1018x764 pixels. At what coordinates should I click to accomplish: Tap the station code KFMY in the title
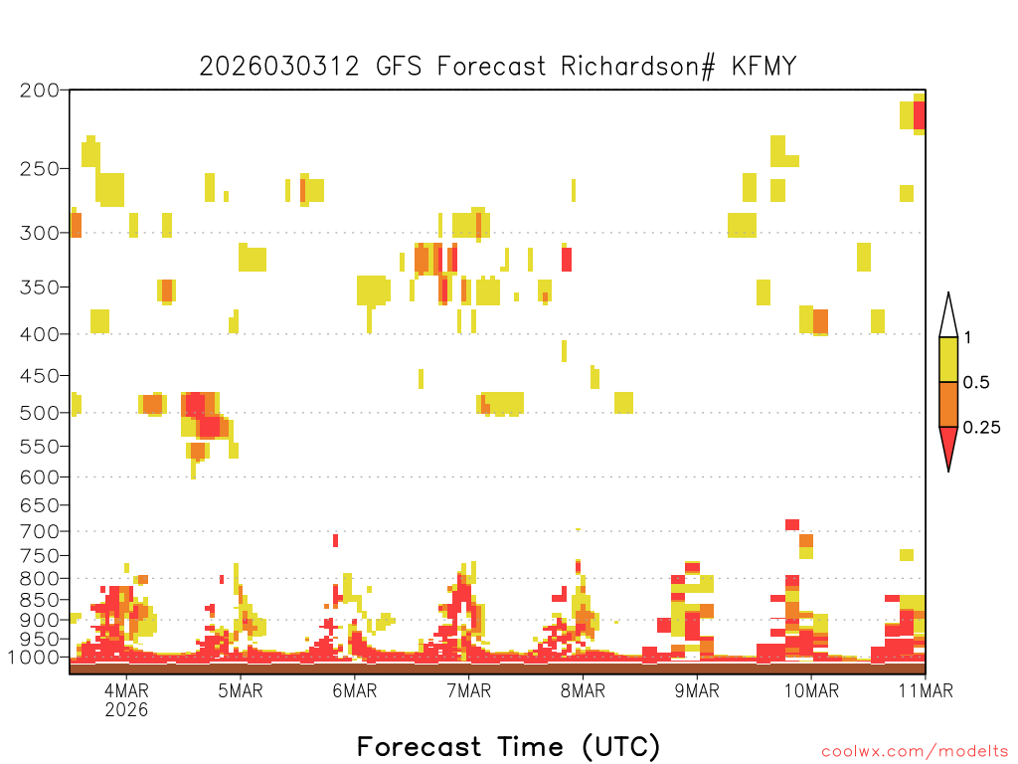pyautogui.click(x=763, y=67)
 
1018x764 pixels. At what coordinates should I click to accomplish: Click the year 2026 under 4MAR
pyautogui.click(x=126, y=710)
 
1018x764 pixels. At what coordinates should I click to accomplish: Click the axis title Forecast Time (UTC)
pyautogui.click(x=508, y=746)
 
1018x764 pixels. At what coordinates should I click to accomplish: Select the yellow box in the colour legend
pyautogui.click(x=948, y=360)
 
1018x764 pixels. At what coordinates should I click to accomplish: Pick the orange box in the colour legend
pyautogui.click(x=948, y=405)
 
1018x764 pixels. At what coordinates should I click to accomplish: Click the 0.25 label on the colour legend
pyautogui.click(x=981, y=428)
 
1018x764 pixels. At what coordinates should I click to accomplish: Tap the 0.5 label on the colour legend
pyautogui.click(x=975, y=383)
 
